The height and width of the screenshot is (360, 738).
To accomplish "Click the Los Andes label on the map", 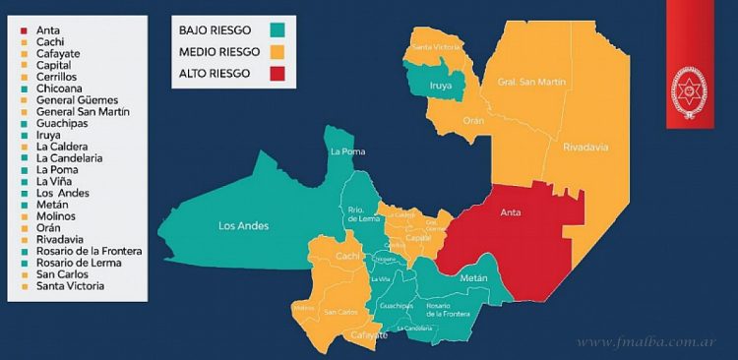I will tap(243, 226).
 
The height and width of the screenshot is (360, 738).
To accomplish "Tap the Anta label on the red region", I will tap(511, 211).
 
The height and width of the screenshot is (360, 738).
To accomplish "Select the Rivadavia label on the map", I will tap(585, 147).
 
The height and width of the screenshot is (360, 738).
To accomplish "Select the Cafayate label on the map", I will tap(369, 335).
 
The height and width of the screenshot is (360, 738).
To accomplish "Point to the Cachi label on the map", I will tap(345, 256).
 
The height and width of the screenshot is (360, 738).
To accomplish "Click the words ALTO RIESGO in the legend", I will tap(216, 73).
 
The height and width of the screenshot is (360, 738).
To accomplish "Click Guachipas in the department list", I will tap(62, 124).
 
